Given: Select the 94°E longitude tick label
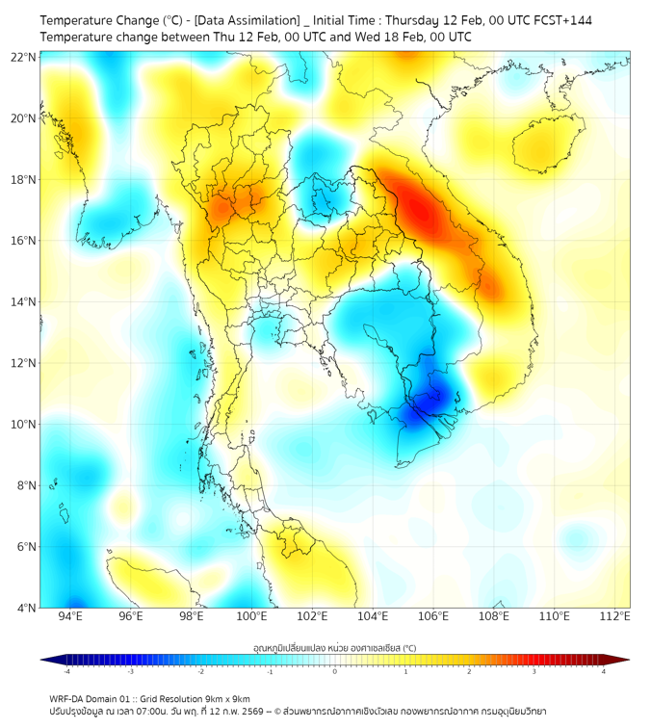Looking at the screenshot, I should (70, 616).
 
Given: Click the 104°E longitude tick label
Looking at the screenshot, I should (373, 616).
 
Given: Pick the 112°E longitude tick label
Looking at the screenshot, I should (614, 616).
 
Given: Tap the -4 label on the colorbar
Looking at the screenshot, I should (66, 671).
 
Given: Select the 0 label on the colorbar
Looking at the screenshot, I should (335, 671).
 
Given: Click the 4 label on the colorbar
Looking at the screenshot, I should (604, 671).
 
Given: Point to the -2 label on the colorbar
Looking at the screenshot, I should (200, 671).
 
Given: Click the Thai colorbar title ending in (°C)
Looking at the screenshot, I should (335, 648).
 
